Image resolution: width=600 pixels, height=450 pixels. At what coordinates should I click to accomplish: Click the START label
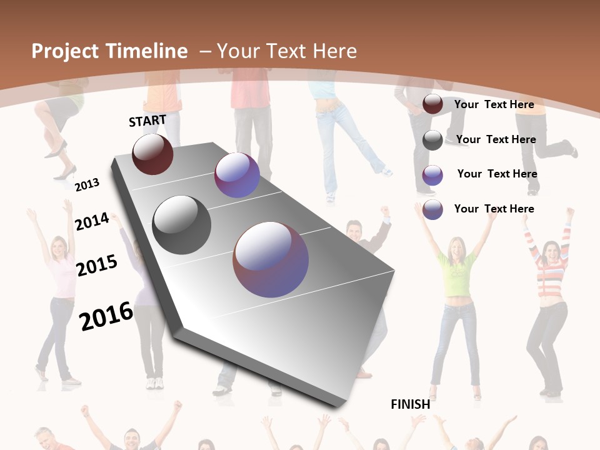point(147,121)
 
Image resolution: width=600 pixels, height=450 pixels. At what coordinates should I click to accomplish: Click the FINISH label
point(411,404)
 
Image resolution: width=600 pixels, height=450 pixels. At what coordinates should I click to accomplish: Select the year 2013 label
point(87,185)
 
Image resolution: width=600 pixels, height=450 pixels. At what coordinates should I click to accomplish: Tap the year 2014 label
point(92,222)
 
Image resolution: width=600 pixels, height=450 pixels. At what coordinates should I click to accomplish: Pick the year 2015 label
point(97,266)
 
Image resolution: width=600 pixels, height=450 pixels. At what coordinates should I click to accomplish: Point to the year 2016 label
point(106,316)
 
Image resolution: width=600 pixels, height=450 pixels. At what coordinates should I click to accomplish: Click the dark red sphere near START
point(152,154)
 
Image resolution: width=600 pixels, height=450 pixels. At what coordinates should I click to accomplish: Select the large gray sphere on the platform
point(181,225)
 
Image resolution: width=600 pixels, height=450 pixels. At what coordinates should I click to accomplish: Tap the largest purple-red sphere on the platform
point(271,259)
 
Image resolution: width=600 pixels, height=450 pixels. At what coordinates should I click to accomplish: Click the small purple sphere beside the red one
point(237,176)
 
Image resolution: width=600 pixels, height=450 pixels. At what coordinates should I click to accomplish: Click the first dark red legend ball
point(432,104)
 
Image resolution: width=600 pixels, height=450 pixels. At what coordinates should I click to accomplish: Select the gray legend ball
point(432,140)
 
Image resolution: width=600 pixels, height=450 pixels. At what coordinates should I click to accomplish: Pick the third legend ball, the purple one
point(432,175)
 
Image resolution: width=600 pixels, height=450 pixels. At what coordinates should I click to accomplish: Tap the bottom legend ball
point(432,209)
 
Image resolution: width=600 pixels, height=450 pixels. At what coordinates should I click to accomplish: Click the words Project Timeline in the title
point(109,51)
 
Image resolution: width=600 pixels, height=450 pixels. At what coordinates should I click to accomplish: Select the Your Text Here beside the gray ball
point(496,139)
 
